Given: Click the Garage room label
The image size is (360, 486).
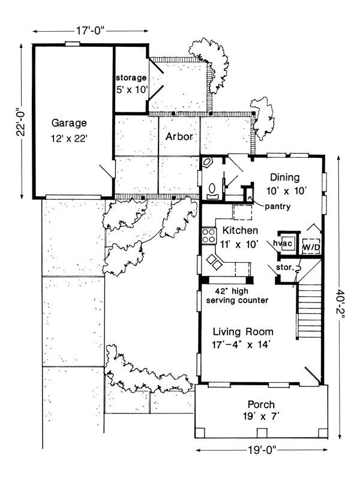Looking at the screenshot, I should pyautogui.click(x=69, y=130).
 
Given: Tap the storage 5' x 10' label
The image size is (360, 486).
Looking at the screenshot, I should pyautogui.click(x=131, y=83).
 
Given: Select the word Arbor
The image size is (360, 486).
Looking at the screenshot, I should pyautogui.click(x=179, y=137).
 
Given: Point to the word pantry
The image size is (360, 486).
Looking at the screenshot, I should pyautogui.click(x=277, y=207).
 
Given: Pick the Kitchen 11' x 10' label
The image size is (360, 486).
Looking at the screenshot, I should pyautogui.click(x=240, y=237).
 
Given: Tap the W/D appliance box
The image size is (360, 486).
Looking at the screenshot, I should pyautogui.click(x=311, y=246).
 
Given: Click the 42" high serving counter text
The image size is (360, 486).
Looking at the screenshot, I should pyautogui.click(x=236, y=294).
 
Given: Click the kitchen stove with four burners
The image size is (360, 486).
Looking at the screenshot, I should pyautogui.click(x=209, y=235).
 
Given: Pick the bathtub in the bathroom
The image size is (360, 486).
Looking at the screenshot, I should pyautogui.click(x=210, y=165).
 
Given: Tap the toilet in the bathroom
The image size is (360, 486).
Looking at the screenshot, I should pyautogui.click(x=211, y=191).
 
